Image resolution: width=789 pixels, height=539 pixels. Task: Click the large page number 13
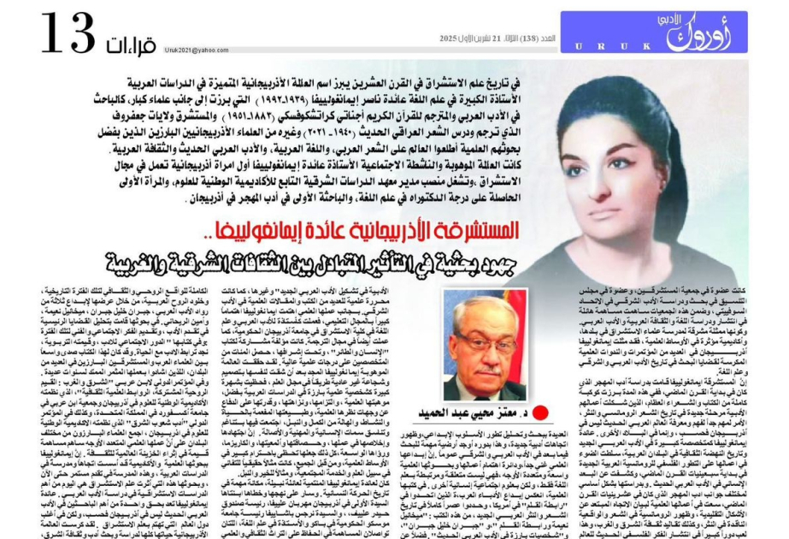[71, 33]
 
